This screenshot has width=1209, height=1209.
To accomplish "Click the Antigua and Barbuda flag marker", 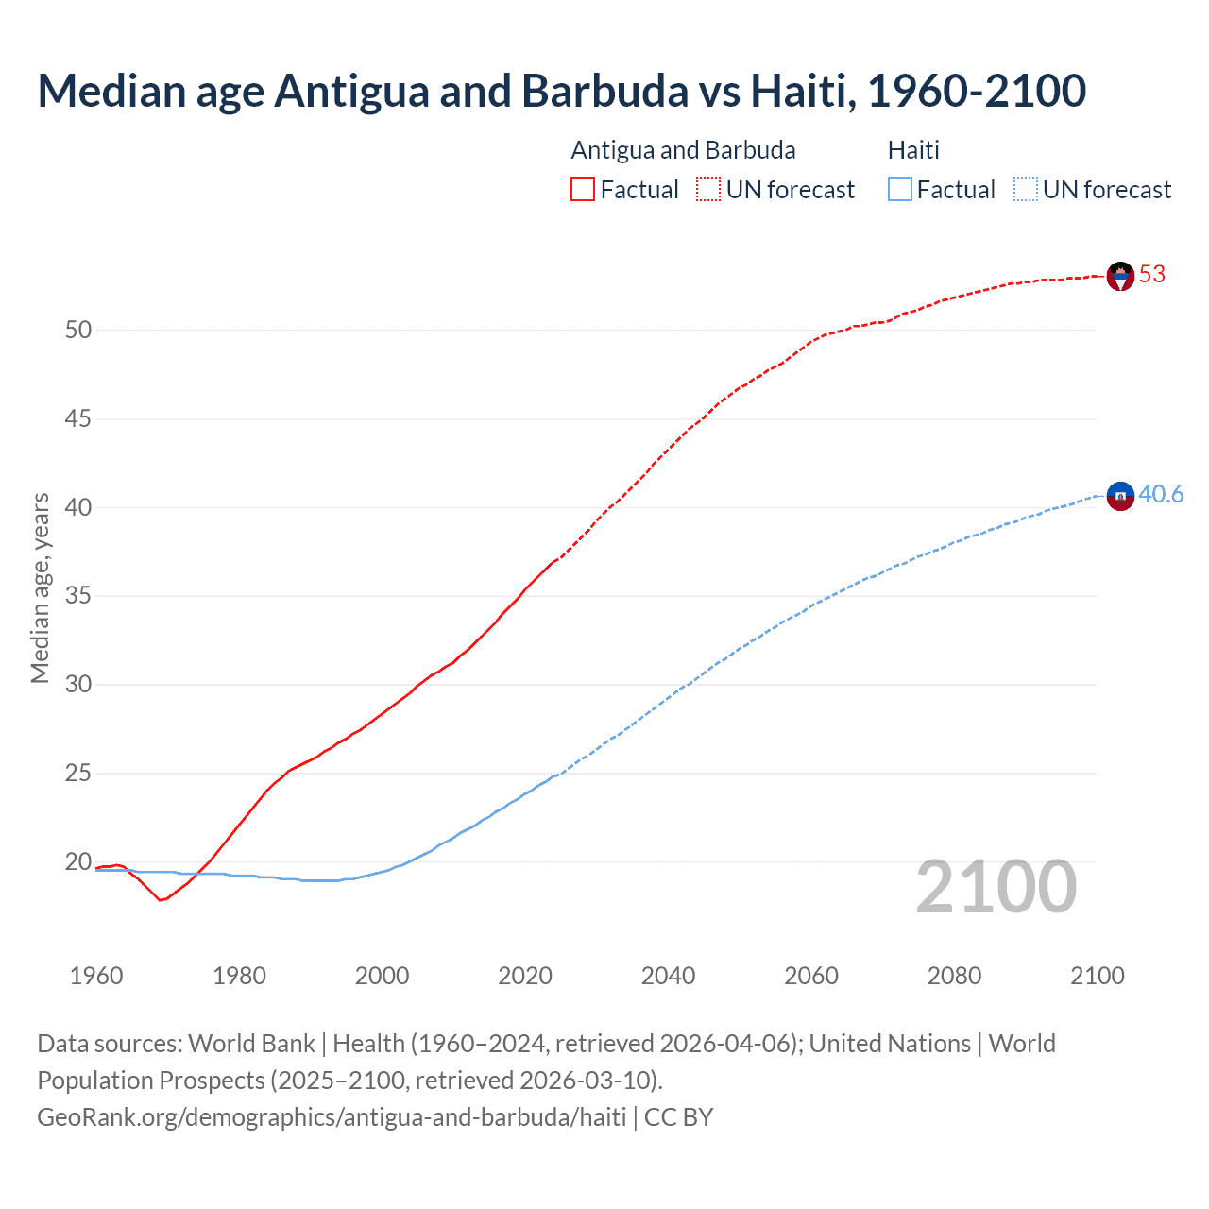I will [x=1120, y=276].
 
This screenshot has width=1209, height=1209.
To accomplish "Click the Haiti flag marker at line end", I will [x=1120, y=495].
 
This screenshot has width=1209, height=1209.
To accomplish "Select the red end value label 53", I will [x=1152, y=275].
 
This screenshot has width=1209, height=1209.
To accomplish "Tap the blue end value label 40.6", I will [x=1161, y=495].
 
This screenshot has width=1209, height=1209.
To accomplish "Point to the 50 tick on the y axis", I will [x=78, y=331].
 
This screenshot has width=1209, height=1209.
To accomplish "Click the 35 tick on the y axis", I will [x=78, y=596].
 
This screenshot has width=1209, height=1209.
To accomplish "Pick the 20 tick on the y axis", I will [x=78, y=861].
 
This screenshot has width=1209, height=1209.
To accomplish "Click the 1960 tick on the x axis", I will [x=96, y=976].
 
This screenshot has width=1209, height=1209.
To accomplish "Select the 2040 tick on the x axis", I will [x=668, y=976].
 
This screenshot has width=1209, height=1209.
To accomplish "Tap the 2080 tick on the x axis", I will [x=954, y=976].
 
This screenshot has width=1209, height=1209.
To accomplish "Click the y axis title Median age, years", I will [x=40, y=587].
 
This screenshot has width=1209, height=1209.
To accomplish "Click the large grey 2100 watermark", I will [x=996, y=887].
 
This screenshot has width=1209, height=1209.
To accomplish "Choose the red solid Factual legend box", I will [x=583, y=190].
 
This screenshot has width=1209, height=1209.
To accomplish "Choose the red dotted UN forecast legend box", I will [x=708, y=190].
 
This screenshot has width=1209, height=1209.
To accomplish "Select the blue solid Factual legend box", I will [x=900, y=190].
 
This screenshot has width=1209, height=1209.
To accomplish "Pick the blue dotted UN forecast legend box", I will [x=1026, y=190].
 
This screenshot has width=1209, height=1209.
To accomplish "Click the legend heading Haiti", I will [x=913, y=150].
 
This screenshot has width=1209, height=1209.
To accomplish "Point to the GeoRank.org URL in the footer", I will [x=332, y=1117].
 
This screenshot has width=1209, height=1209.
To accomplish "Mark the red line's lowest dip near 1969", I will [x=161, y=900].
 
